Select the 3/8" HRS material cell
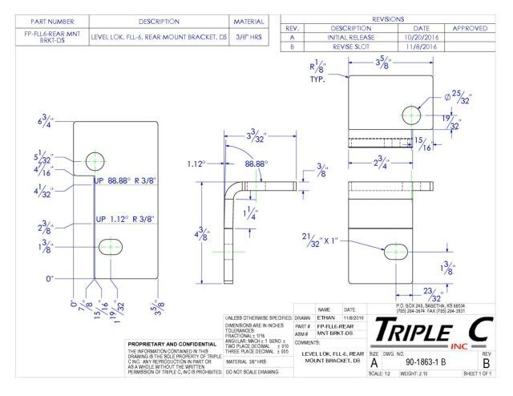254,36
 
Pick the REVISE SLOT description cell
339,46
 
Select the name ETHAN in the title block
325,317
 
